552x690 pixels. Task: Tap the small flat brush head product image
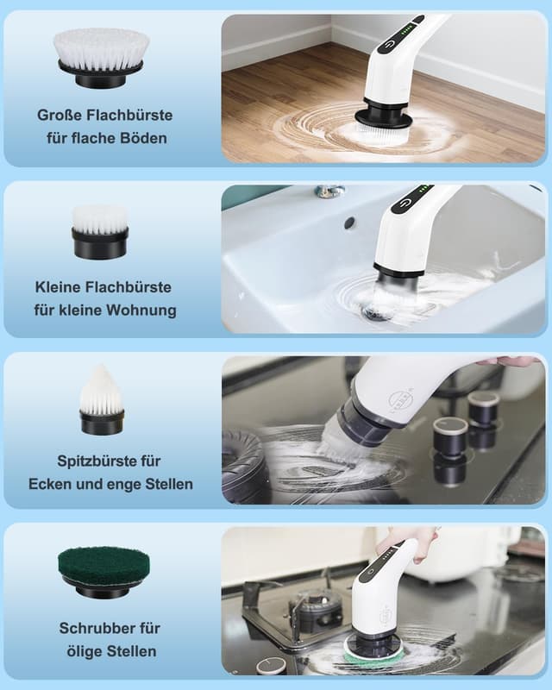tap(100, 231)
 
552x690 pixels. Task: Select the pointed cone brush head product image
tap(102, 400)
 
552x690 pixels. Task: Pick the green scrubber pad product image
tap(103, 572)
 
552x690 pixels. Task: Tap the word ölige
tap(83, 650)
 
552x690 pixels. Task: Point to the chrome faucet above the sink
tap(329, 191)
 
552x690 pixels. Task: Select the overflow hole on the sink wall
tap(349, 223)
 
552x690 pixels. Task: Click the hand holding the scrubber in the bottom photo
tap(399, 541)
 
